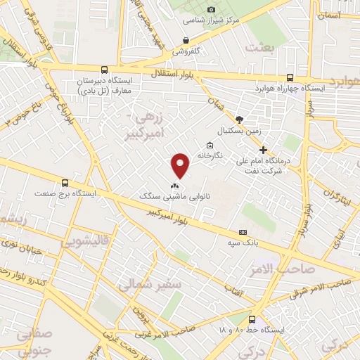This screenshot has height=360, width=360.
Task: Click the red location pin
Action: [181, 165]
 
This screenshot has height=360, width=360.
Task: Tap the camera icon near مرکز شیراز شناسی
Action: [212, 9]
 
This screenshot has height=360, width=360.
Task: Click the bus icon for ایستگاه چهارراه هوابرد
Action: [290, 78]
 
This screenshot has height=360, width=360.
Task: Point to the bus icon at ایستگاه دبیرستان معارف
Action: [105, 70]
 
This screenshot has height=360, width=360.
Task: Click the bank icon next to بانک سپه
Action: [243, 232]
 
